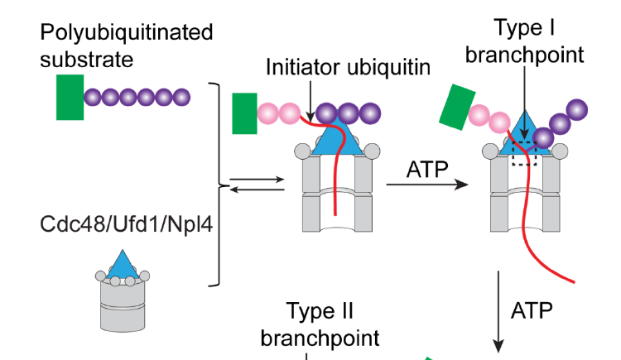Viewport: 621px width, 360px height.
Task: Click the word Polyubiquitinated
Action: pos(126,32)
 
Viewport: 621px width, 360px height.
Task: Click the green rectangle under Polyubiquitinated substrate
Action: pos(70,97)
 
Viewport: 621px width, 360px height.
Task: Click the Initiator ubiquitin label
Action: pos(348,67)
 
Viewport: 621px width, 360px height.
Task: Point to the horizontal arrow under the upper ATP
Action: pos(429,185)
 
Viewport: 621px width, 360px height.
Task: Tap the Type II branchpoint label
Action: pos(320,324)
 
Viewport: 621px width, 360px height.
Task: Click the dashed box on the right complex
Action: pos(525,154)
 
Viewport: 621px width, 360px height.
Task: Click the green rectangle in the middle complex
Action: pos(244,113)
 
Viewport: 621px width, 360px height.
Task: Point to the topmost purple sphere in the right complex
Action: pos(577,109)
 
